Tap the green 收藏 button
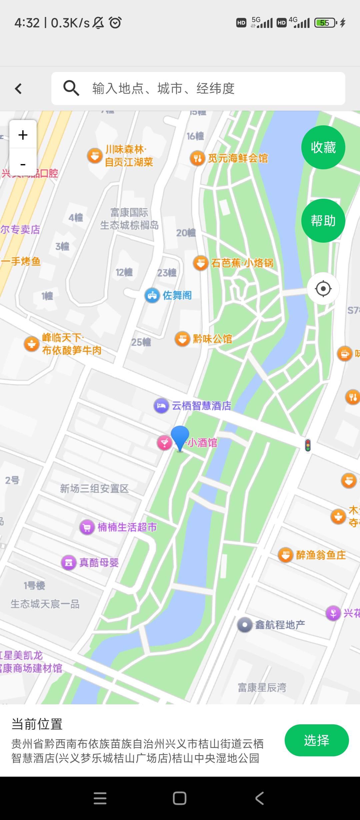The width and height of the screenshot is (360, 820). coord(323,147)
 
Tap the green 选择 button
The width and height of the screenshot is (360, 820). coord(316,740)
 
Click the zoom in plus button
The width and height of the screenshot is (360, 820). coord(23,135)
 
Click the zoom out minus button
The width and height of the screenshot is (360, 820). coord(23,164)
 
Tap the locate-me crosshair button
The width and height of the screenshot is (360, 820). coord(323,288)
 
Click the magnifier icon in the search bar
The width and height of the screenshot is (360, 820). coord(71,88)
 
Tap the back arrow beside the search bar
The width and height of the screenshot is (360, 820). coord(19,88)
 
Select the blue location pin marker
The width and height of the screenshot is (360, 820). coord(180,437)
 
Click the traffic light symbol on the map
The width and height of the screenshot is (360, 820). coord(308,445)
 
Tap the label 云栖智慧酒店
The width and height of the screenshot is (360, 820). coord(201,406)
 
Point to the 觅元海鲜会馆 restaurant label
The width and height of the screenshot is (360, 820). coord(238,158)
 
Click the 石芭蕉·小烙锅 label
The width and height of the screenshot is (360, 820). coord(242,263)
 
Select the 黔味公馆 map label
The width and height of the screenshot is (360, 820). coord(212,339)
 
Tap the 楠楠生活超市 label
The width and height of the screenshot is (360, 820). coord(127,527)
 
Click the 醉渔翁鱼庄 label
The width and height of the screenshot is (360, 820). coord(321,555)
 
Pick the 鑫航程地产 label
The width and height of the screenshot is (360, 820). coord(280,625)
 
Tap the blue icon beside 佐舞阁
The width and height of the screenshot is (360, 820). coord(152,295)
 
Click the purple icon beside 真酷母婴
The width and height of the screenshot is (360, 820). coord(69,563)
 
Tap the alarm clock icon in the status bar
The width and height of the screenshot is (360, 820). coord(115,23)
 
